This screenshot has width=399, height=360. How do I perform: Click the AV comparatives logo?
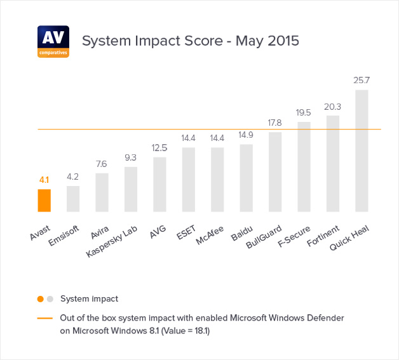click(x=53, y=41)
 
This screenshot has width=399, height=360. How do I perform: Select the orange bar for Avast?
click(x=44, y=201)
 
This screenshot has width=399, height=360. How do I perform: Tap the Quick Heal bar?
click(x=362, y=150)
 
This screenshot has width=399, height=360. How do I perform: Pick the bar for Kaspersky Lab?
click(x=131, y=189)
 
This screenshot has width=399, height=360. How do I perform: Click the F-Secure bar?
click(x=304, y=166)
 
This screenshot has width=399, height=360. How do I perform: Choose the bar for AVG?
click(x=159, y=184)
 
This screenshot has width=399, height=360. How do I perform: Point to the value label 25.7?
click(x=362, y=81)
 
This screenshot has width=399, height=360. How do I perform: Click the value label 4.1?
click(x=44, y=180)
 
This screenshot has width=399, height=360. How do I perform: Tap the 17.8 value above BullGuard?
click(x=275, y=123)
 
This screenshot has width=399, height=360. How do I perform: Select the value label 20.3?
click(x=333, y=107)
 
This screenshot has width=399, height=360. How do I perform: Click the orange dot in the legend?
click(x=41, y=298)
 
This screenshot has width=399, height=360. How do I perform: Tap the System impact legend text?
click(x=89, y=298)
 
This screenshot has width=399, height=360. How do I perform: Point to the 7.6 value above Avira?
click(x=102, y=164)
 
